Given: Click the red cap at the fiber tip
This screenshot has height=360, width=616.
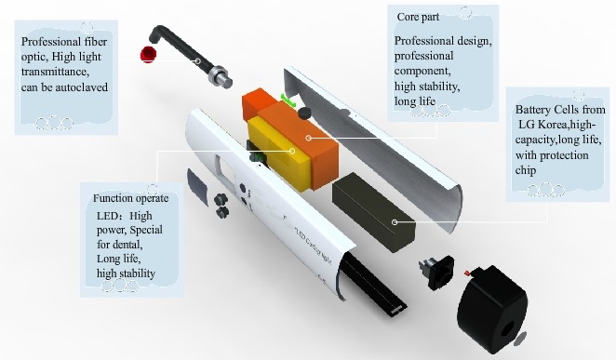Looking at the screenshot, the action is [x=148, y=54].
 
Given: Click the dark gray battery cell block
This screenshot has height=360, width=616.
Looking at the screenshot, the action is [x=373, y=212].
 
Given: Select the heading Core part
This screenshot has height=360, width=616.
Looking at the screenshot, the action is [x=418, y=18].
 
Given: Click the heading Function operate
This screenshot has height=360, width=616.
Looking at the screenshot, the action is [x=131, y=198].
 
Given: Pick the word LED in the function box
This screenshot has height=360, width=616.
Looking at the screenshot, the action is [x=105, y=216].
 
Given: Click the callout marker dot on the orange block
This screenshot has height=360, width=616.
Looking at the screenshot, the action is [x=309, y=138].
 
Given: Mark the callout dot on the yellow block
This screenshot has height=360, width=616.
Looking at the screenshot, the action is [x=292, y=151].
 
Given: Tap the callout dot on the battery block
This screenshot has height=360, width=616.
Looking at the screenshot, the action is [x=395, y=222].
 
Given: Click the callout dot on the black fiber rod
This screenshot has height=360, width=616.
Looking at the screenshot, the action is [x=198, y=60].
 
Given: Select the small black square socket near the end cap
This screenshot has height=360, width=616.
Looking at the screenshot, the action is [x=437, y=272].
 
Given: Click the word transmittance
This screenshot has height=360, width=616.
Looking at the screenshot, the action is [x=53, y=72].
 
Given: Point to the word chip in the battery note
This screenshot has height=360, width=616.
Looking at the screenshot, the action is [x=526, y=171].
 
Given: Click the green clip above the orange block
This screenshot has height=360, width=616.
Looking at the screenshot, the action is [x=288, y=99].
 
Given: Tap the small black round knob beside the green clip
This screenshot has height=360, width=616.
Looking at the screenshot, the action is [x=304, y=113].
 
